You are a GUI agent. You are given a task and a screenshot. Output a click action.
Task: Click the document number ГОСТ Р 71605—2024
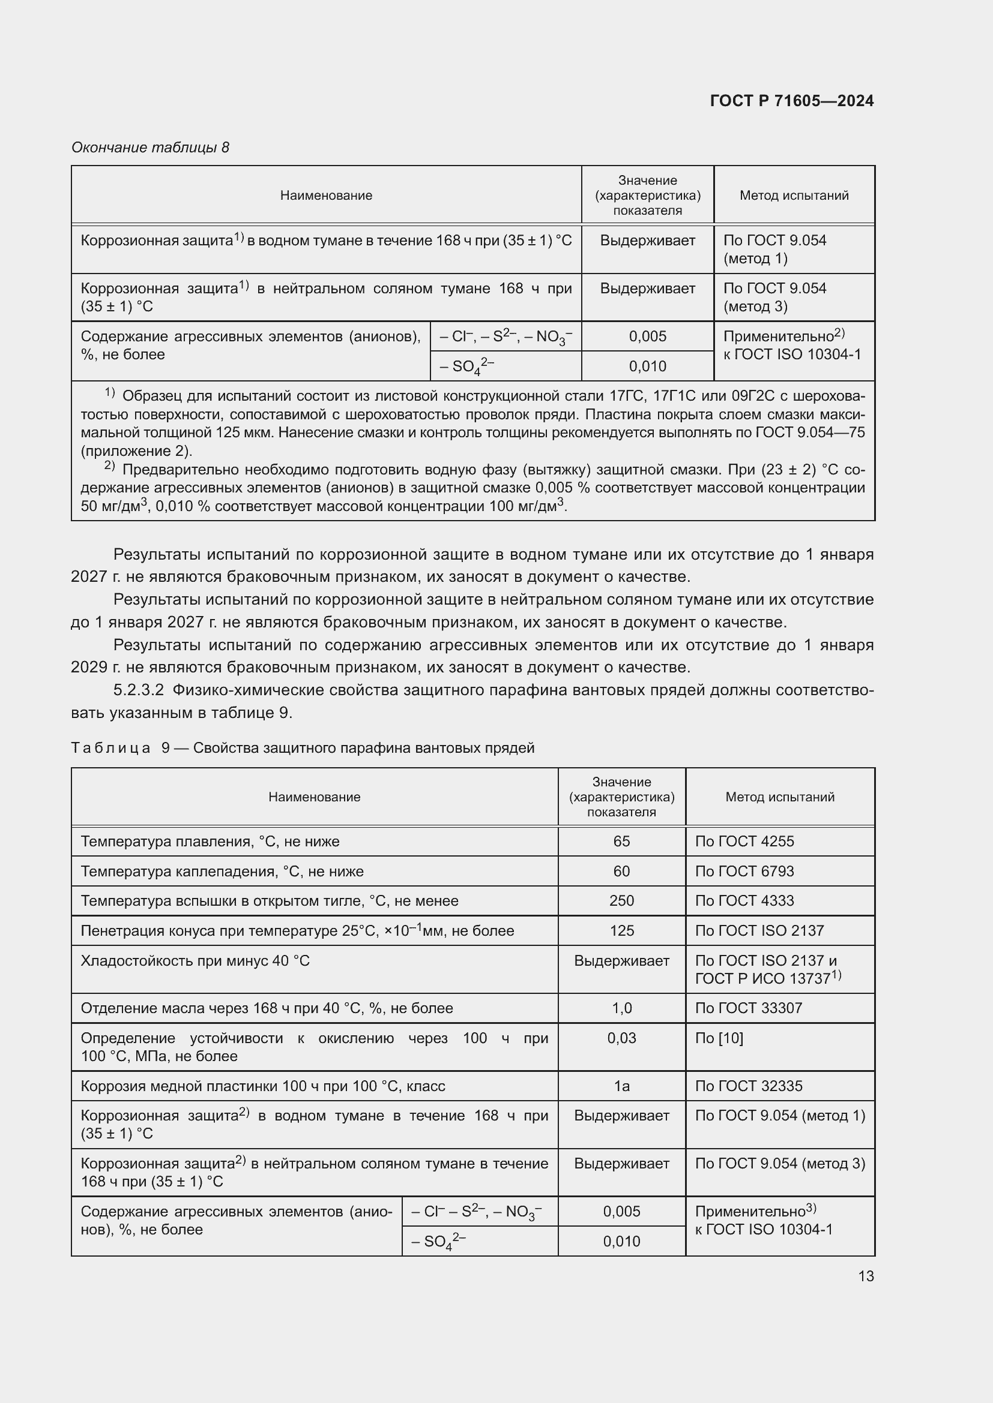coord(791,101)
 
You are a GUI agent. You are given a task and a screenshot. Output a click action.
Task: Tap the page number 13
coord(866,1276)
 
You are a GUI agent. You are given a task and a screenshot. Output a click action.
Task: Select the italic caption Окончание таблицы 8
coord(151,148)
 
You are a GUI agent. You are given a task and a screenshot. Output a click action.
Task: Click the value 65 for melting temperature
coord(621,842)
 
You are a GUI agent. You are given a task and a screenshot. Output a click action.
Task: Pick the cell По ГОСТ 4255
coord(744,842)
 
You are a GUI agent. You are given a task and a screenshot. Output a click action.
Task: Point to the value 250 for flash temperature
coord(621,901)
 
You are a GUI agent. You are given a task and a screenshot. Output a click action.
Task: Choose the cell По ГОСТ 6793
coord(744,872)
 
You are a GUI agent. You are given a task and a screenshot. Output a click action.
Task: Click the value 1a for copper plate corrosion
coord(621,1086)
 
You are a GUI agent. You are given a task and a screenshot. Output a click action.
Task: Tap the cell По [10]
coord(719,1038)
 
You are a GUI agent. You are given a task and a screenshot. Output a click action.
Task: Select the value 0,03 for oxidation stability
coord(621,1038)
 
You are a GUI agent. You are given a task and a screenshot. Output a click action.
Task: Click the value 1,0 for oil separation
coord(621,1008)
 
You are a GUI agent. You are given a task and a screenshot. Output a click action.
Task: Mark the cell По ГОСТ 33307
coord(748,1008)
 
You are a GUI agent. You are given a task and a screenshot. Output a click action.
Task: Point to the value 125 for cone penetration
coord(621,931)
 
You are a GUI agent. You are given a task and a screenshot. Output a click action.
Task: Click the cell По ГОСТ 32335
coord(749,1086)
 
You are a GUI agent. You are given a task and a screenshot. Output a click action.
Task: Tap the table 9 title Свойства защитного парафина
coord(363,748)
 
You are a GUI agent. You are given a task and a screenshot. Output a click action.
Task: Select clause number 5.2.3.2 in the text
coord(139,690)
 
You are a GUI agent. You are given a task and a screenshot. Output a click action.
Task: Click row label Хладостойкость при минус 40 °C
coord(195,960)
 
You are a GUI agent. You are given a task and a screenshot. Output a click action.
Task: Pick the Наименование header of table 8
coord(326,196)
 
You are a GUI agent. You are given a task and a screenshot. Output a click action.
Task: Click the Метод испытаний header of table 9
coord(780,797)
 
